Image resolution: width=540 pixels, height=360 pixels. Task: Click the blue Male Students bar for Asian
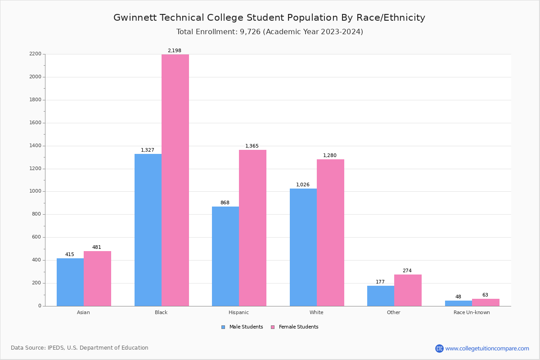click(70, 282)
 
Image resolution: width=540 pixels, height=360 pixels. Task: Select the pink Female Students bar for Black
click(175, 180)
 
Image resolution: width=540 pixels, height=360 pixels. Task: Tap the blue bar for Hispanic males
click(225, 256)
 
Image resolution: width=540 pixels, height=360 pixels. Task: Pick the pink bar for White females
click(330, 233)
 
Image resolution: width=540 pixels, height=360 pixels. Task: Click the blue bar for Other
click(381, 296)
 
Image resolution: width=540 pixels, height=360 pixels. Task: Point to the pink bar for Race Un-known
click(486, 302)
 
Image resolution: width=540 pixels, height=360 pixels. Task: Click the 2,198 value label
click(175, 51)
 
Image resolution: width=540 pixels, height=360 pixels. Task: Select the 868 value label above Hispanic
click(225, 203)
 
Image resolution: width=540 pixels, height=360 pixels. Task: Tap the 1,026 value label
click(303, 185)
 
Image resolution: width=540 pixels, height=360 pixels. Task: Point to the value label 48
click(458, 297)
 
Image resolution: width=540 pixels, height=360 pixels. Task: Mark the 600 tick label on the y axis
click(36, 237)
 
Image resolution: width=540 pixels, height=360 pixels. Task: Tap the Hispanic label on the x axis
click(238, 313)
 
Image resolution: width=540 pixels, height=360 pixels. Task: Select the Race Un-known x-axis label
click(472, 313)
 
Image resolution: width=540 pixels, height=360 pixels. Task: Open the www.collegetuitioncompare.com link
click(487, 349)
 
